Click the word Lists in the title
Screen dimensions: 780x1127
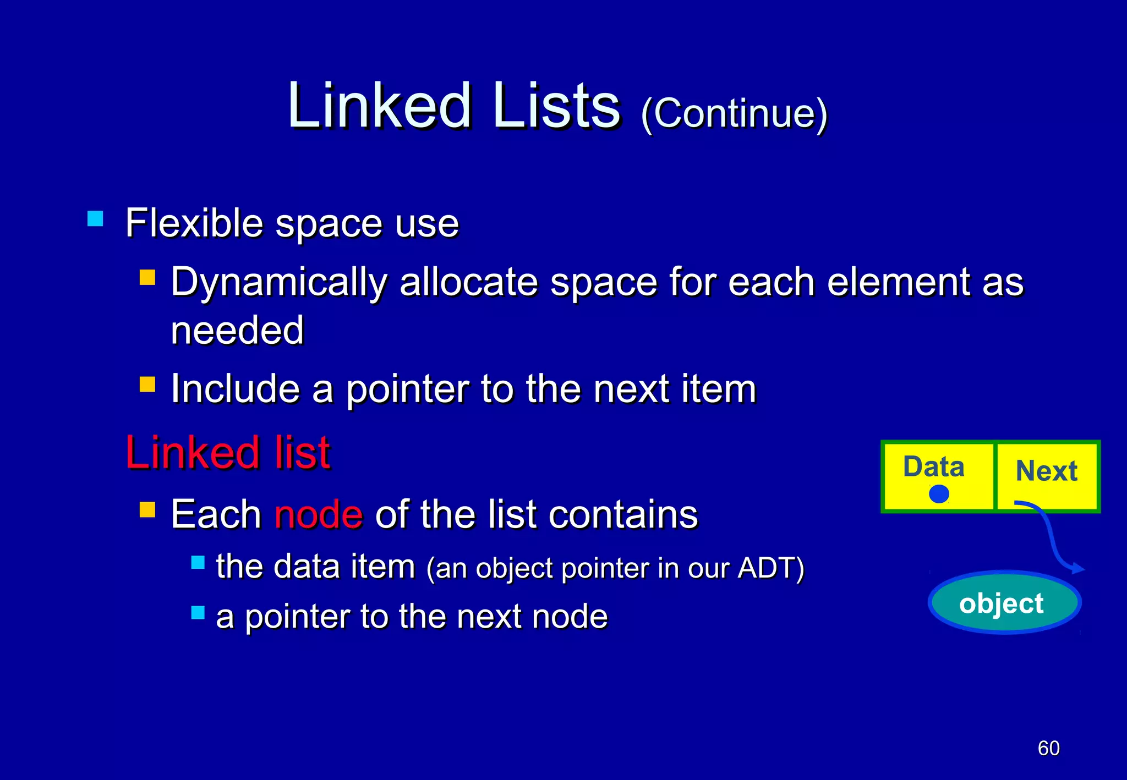point(556,106)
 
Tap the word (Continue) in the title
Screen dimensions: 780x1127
point(734,113)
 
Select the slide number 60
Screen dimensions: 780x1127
point(1048,748)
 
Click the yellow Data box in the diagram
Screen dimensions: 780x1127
point(938,476)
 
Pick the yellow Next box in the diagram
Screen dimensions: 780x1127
point(1047,476)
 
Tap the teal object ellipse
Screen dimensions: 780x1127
point(1004,603)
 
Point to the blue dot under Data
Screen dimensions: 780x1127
point(939,493)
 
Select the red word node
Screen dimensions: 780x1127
point(319,515)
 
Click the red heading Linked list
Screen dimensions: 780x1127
point(228,452)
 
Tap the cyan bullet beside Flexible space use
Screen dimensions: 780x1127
point(95,219)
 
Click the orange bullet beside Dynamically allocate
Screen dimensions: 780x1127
point(147,277)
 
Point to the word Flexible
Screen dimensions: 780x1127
point(194,223)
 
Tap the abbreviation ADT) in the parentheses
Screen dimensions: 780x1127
point(770,568)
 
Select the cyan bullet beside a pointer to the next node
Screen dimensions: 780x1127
point(198,612)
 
